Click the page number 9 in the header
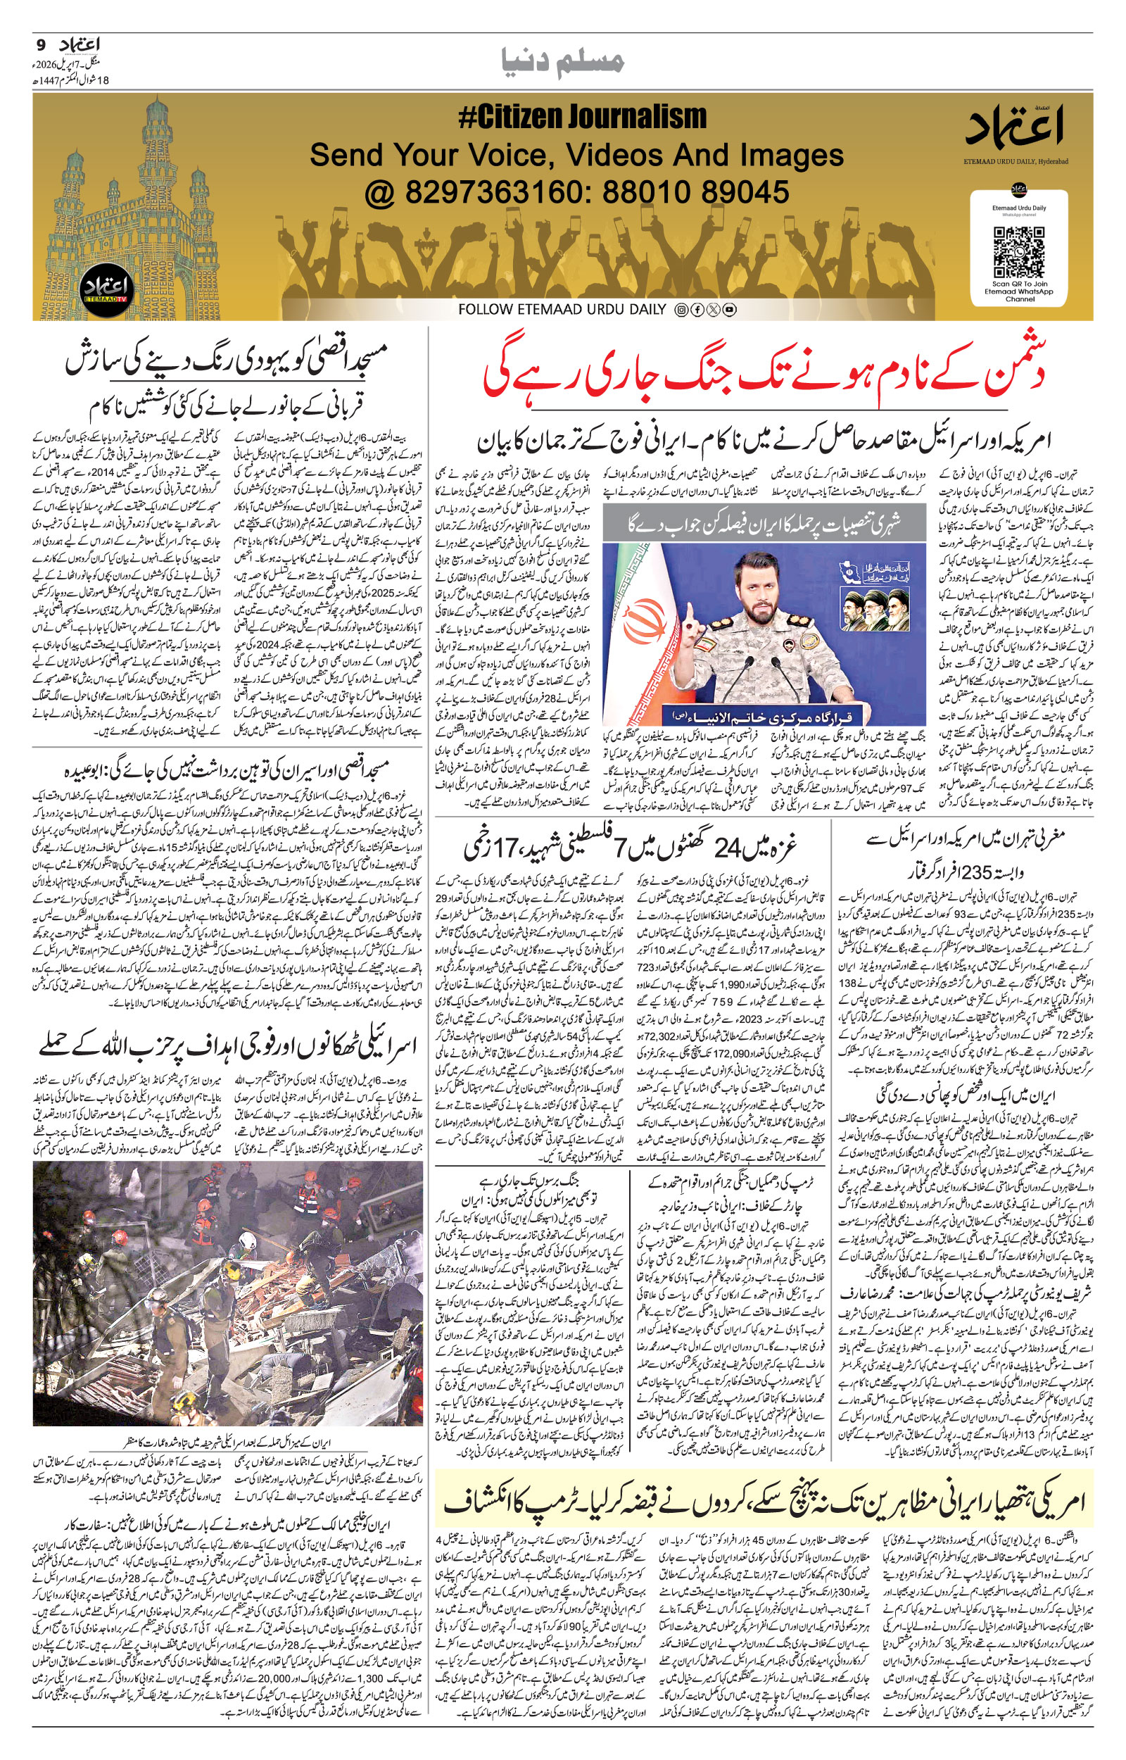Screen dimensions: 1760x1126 (x=40, y=44)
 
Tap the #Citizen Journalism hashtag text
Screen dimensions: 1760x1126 (x=582, y=117)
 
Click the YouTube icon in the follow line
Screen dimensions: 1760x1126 (x=729, y=310)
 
